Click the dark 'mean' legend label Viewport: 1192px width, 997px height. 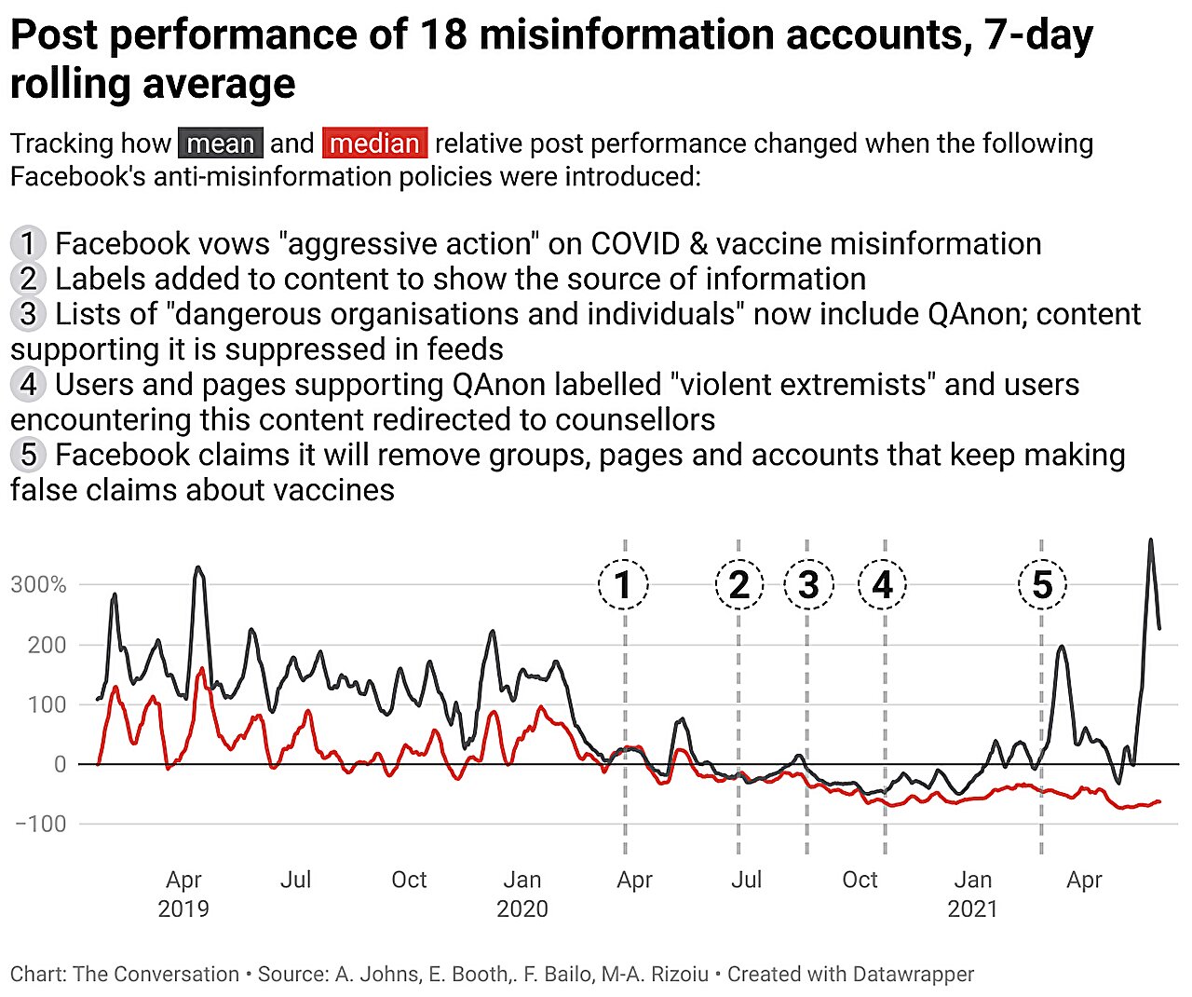[221, 143]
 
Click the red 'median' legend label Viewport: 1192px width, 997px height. [374, 143]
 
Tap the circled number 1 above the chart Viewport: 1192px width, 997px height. [623, 584]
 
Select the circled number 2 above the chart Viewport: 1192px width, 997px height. [738, 584]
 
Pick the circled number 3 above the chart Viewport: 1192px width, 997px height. [808, 584]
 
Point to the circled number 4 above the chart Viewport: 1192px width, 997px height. [882, 584]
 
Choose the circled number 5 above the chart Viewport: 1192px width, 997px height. [1042, 584]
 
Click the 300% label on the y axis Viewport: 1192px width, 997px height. [38, 585]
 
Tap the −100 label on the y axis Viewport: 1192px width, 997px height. [41, 824]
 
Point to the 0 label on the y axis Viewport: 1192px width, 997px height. [60, 764]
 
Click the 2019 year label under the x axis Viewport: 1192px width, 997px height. [183, 908]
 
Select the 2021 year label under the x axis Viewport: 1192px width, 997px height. [972, 908]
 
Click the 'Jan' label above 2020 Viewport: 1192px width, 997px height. [521, 880]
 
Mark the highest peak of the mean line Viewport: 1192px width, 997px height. [1151, 539]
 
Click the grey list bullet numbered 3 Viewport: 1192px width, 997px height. [28, 314]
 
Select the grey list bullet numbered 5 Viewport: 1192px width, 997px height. [28, 455]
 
